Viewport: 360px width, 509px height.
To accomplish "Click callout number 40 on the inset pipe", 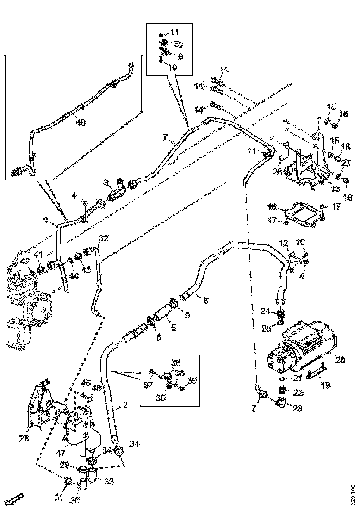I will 80,123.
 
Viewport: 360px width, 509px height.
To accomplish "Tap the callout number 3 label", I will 106,182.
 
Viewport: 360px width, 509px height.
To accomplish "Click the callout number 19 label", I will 325,384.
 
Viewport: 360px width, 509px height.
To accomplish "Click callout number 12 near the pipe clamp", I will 283,242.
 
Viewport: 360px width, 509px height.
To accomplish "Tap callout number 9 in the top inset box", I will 180,56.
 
